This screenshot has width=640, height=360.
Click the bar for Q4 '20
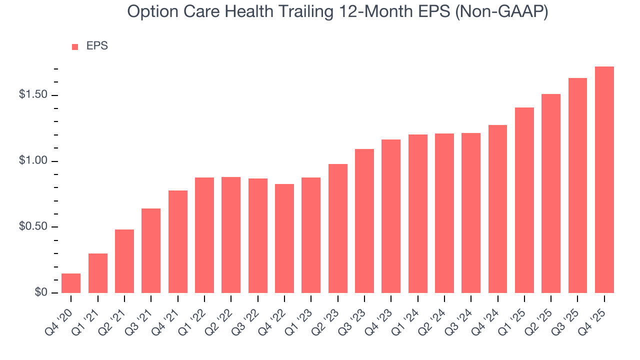[x=71, y=283]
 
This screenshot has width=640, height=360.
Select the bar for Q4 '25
[x=604, y=179]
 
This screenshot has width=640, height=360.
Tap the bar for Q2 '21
[x=124, y=261]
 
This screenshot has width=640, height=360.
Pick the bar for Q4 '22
[x=284, y=238]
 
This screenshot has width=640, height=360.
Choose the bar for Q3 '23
[x=364, y=220]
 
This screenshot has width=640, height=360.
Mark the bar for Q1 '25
[x=524, y=200]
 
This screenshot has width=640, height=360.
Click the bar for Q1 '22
[x=204, y=235]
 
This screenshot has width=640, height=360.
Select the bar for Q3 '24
[x=471, y=212]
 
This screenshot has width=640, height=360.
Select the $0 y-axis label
[x=41, y=292]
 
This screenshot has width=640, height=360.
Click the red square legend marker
[x=75, y=46]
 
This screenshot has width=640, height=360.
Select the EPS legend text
[x=97, y=46]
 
